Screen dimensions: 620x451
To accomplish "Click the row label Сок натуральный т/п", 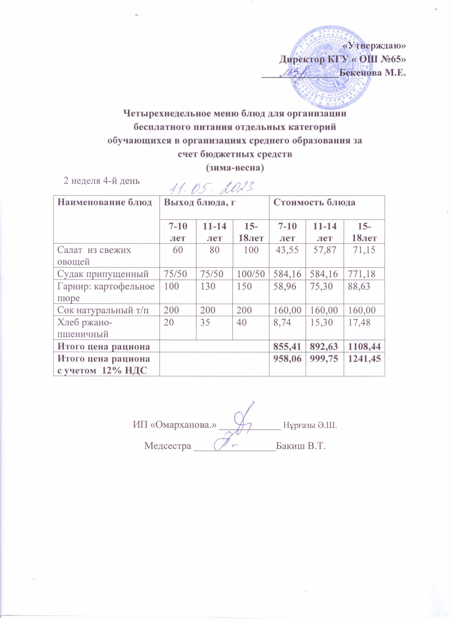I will coord(104,310).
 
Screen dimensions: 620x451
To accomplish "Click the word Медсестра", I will coord(167,446).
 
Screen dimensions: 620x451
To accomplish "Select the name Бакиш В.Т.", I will coord(301,446).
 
